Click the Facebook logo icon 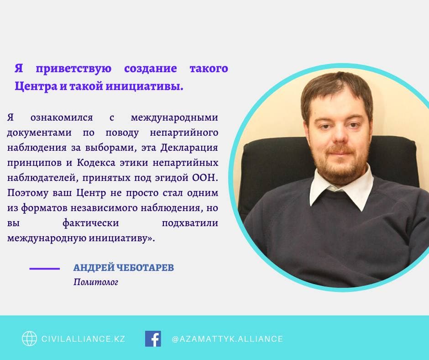tap(153, 339)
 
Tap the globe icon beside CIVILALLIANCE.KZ tap(29, 339)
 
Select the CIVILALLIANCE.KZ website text tap(83, 339)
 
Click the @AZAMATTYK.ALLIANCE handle tap(227, 339)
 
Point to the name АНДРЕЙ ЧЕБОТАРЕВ tap(124, 267)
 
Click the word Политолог tap(96, 282)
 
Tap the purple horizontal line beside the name tap(45, 269)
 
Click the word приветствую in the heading tap(73, 69)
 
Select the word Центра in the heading tap(36, 87)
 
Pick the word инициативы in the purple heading tap(145, 87)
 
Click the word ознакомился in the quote tap(62, 117)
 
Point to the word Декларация tap(189, 148)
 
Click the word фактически tap(91, 223)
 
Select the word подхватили tap(190, 223)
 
